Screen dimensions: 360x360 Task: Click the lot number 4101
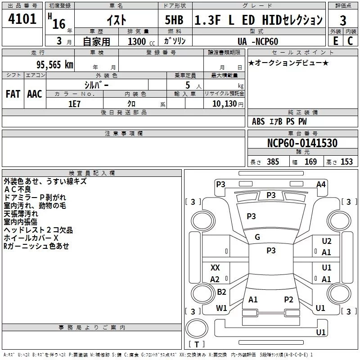(22, 19)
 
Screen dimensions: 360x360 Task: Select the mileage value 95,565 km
(55, 65)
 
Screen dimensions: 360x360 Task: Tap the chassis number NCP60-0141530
(302, 143)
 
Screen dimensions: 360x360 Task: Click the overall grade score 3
(343, 21)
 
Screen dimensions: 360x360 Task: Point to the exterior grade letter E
(335, 41)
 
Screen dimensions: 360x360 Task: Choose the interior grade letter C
(350, 41)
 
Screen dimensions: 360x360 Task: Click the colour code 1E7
(74, 104)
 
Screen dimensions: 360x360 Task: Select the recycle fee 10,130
(225, 103)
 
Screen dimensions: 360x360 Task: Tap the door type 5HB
(174, 20)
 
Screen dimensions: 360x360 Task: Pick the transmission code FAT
(13, 94)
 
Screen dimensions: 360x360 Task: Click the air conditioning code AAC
(35, 94)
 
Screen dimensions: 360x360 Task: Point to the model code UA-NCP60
(258, 41)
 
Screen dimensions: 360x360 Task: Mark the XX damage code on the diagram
(215, 267)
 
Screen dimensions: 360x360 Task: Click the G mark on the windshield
(257, 237)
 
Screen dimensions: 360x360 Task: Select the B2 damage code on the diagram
(221, 292)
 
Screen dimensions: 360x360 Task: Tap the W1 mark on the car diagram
(221, 308)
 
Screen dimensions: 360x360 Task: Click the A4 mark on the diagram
(321, 184)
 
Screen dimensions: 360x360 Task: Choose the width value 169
(310, 162)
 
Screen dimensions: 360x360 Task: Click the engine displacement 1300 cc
(141, 41)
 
